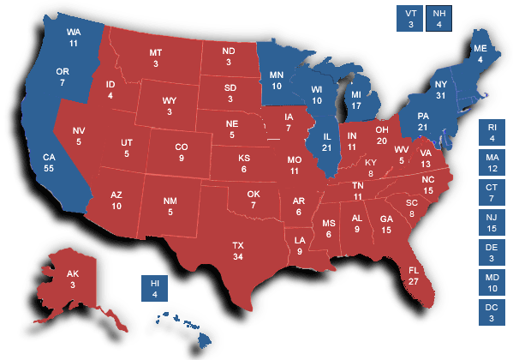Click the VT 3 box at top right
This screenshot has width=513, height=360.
pyautogui.click(x=410, y=19)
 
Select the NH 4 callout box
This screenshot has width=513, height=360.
pyautogui.click(x=438, y=19)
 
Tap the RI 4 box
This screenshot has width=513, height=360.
pyautogui.click(x=492, y=134)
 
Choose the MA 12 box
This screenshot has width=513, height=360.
pyautogui.click(x=492, y=164)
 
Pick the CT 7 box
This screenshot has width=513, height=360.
pyautogui.click(x=492, y=194)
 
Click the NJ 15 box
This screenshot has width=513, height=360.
pyautogui.click(x=492, y=224)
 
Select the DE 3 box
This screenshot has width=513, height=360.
pyautogui.click(x=492, y=254)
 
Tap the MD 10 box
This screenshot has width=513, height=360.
pyautogui.click(x=492, y=283)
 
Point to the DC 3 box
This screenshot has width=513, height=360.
pyautogui.click(x=492, y=313)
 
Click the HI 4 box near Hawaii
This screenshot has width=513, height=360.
pyautogui.click(x=155, y=289)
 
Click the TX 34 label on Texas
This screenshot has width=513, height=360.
pyautogui.click(x=238, y=251)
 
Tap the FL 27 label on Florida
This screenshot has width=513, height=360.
pyautogui.click(x=414, y=275)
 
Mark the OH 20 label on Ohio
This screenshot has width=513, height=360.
pyautogui.click(x=382, y=135)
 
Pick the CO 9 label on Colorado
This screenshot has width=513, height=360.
pyautogui.click(x=182, y=153)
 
